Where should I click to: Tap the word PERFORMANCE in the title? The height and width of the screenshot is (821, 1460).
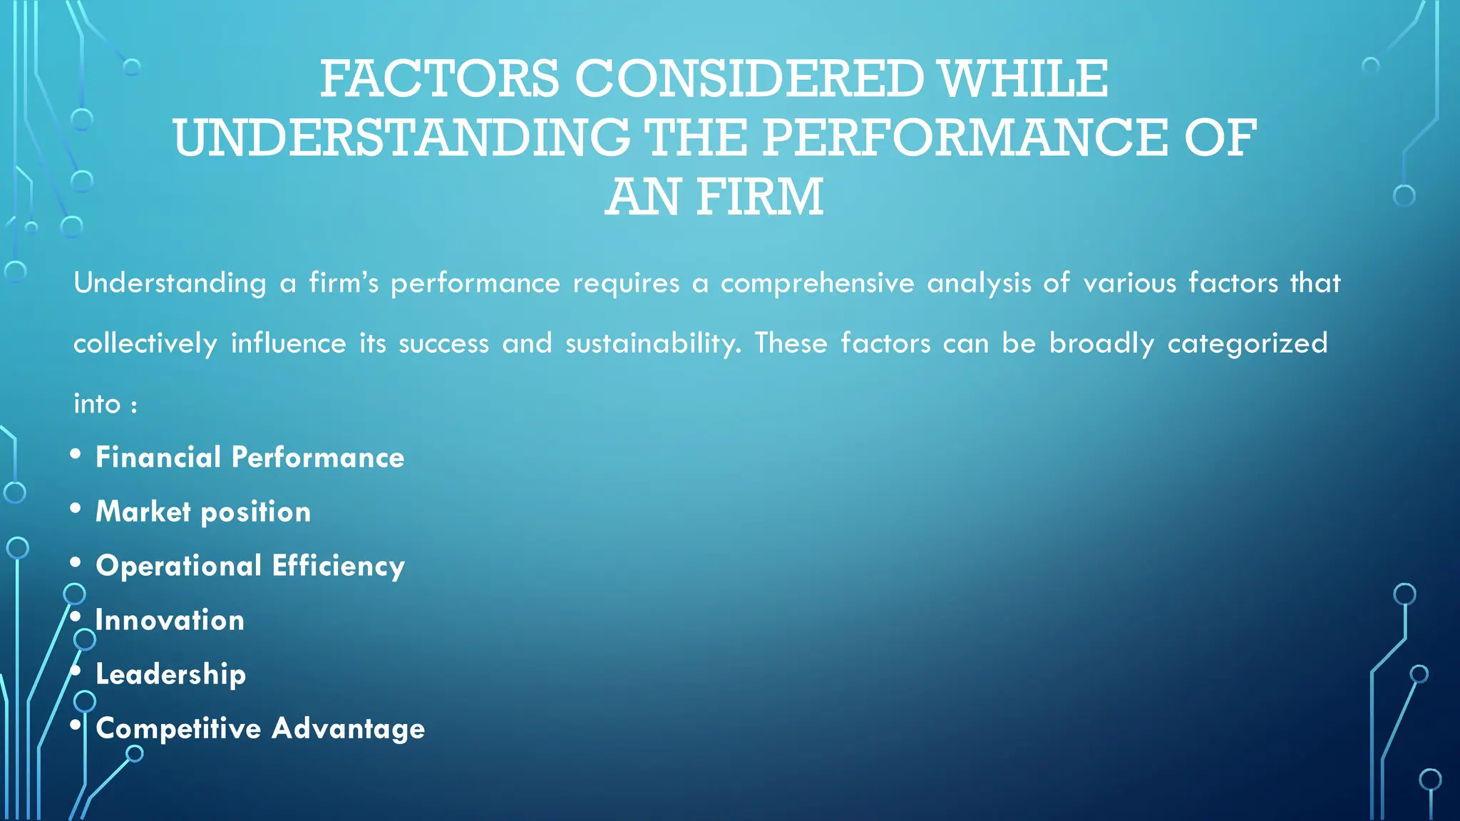tap(965, 138)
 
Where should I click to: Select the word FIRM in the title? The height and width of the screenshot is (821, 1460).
tap(759, 197)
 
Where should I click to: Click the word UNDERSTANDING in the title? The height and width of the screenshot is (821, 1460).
tap(401, 138)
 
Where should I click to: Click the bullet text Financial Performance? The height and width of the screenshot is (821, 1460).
tap(250, 458)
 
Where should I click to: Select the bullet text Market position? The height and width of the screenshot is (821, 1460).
tap(203, 512)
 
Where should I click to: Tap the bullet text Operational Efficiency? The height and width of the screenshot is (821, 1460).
tap(250, 566)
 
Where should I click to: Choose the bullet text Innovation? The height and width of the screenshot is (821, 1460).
tap(170, 620)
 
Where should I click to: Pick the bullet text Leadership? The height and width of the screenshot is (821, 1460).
tap(170, 674)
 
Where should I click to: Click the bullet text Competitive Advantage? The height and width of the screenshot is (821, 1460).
tap(260, 728)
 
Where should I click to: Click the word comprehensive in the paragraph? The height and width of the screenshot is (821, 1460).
tap(817, 284)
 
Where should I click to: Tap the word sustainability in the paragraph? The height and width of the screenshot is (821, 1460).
tap(653, 344)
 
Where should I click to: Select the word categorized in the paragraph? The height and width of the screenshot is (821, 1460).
tap(1247, 344)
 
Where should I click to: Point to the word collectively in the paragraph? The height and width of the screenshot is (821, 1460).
tap(145, 344)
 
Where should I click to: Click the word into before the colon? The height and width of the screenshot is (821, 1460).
tap(97, 404)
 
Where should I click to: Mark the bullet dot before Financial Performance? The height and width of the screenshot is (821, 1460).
tap(76, 455)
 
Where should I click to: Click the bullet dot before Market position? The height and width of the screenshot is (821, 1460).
tap(76, 509)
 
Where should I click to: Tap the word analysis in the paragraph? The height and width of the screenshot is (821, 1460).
tap(979, 284)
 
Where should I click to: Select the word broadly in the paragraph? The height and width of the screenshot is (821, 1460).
tap(1101, 344)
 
